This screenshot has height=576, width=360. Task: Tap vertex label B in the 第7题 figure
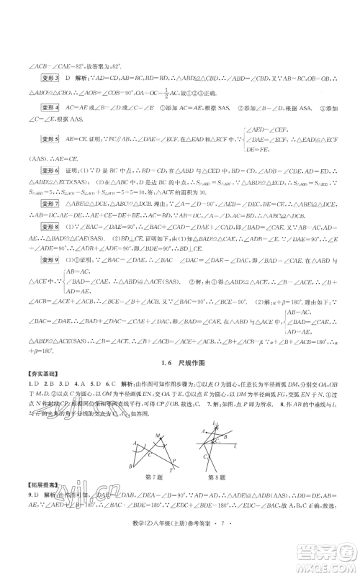pyautogui.click(x=130, y=468)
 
